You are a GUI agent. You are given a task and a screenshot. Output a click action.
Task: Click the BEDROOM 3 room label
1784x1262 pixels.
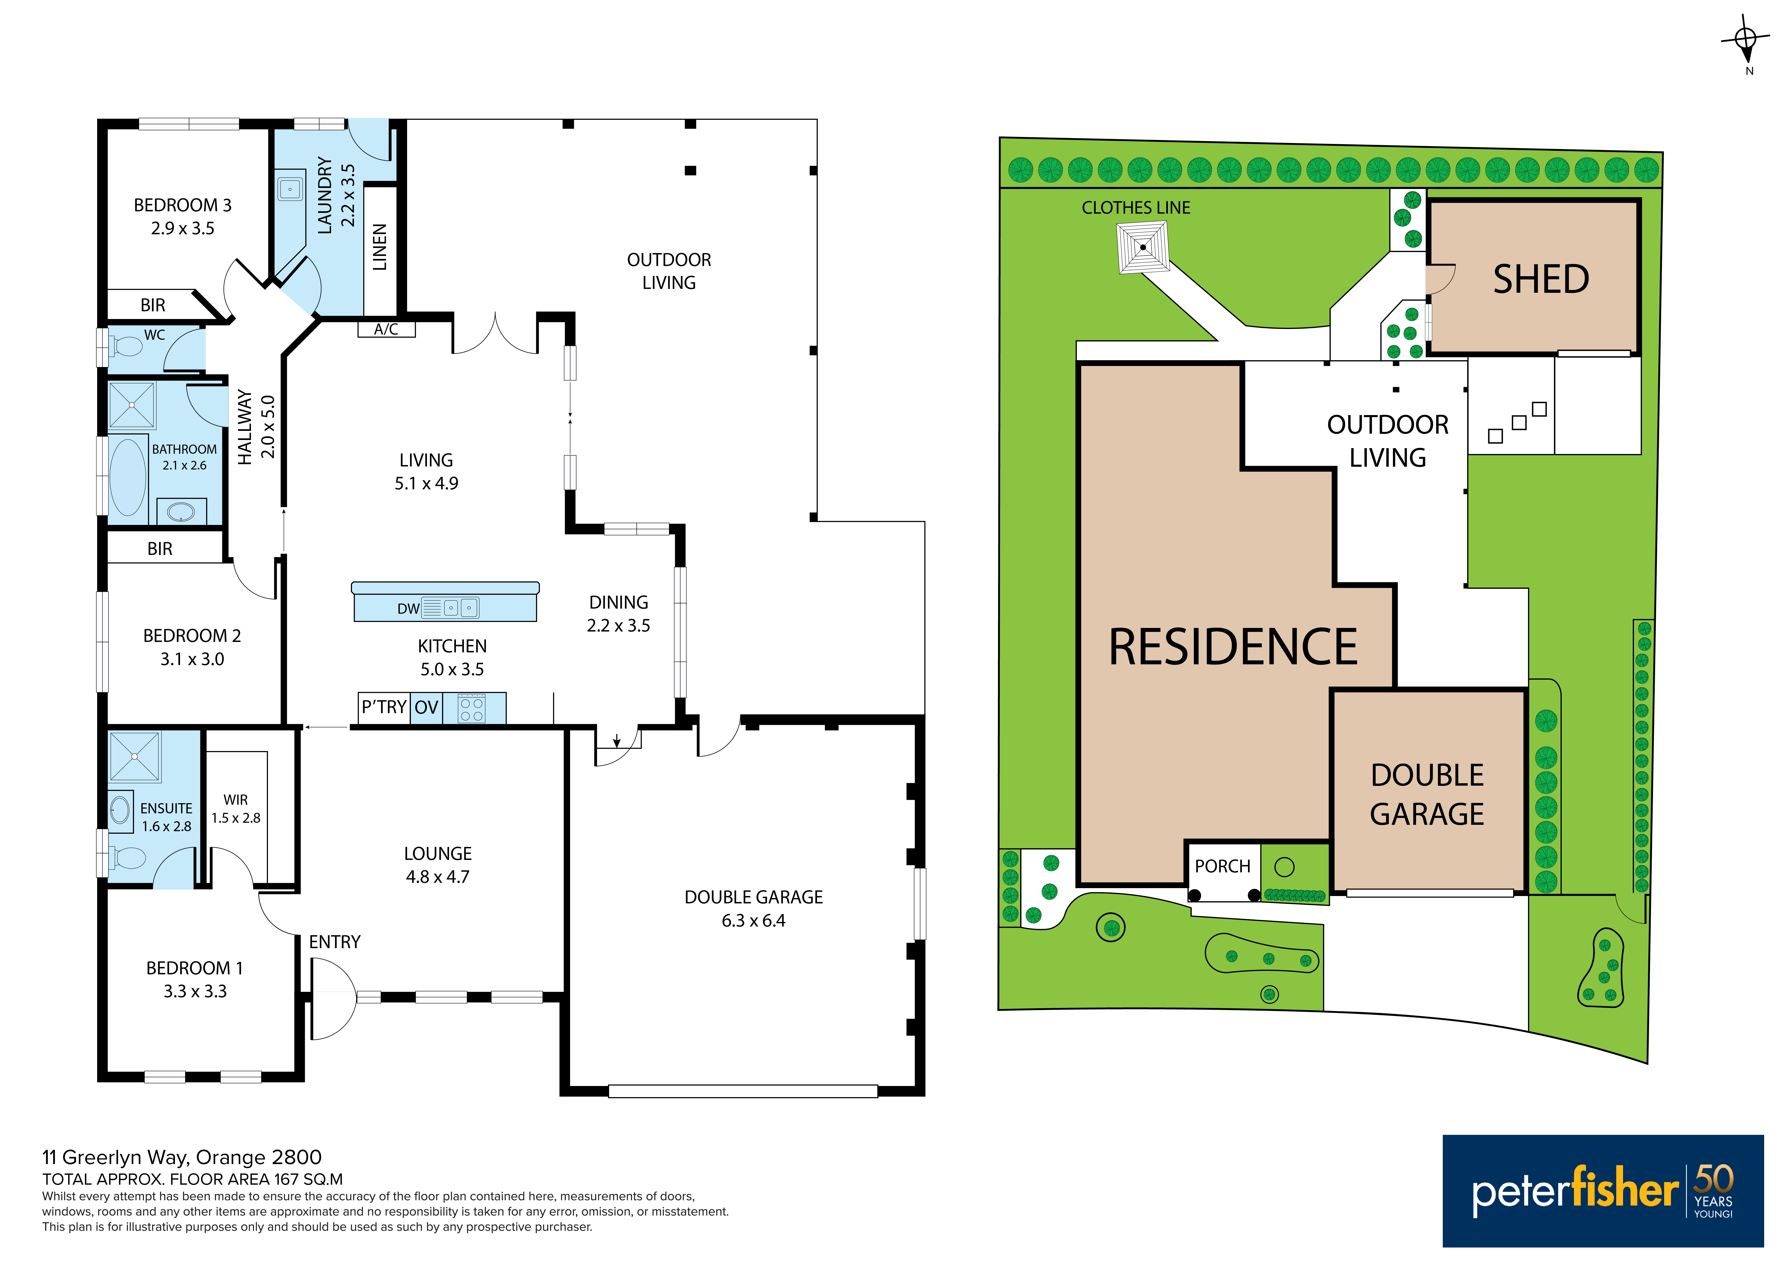pyautogui.click(x=183, y=205)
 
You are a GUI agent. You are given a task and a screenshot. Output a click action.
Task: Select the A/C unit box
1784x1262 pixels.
pyautogui.click(x=386, y=329)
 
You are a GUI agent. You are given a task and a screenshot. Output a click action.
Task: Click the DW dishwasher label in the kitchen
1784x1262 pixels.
pyautogui.click(x=408, y=608)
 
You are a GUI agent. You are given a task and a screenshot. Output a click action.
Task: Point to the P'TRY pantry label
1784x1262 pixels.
pyautogui.click(x=384, y=707)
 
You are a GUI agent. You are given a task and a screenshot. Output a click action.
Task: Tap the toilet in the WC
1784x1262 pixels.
pyautogui.click(x=126, y=346)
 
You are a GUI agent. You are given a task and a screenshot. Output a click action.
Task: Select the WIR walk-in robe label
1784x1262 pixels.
pyautogui.click(x=235, y=800)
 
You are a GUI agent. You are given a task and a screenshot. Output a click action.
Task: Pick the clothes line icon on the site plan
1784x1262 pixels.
pyautogui.click(x=1143, y=247)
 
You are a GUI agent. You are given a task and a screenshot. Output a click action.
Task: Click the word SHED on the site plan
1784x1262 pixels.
pyautogui.click(x=1541, y=279)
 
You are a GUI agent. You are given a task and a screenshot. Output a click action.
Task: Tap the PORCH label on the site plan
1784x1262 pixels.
pyautogui.click(x=1222, y=867)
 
